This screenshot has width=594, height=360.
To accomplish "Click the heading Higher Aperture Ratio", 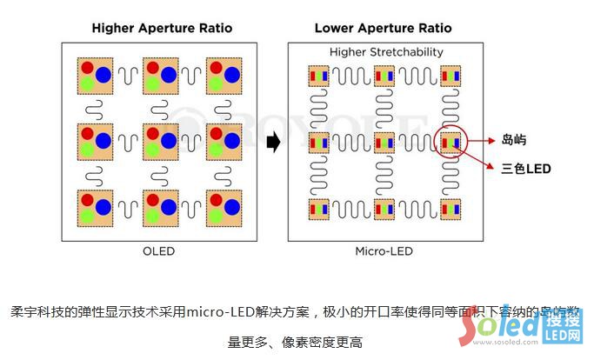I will pyautogui.click(x=162, y=28).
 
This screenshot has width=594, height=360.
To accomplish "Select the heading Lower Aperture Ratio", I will pyautogui.click(x=383, y=28).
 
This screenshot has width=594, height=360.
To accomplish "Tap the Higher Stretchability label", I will pyautogui.click(x=386, y=52).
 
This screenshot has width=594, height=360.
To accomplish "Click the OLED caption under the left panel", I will pyautogui.click(x=159, y=252).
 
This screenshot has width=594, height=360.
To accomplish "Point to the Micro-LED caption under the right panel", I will pyautogui.click(x=384, y=252).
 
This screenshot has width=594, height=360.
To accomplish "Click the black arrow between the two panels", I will pyautogui.click(x=273, y=143).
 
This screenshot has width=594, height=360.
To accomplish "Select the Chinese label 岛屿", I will pyautogui.click(x=514, y=139).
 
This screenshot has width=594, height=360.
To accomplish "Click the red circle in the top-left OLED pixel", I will pyautogui.click(x=87, y=67).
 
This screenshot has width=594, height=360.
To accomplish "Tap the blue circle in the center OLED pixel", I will pyautogui.click(x=169, y=140).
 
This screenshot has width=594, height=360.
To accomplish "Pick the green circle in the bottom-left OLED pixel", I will pyautogui.click(x=87, y=215).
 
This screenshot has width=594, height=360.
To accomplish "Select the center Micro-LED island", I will pyautogui.click(x=384, y=142).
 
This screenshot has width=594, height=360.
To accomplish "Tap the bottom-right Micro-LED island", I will pyautogui.click(x=451, y=209).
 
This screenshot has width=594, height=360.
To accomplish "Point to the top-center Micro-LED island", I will pyautogui.click(x=384, y=76).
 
